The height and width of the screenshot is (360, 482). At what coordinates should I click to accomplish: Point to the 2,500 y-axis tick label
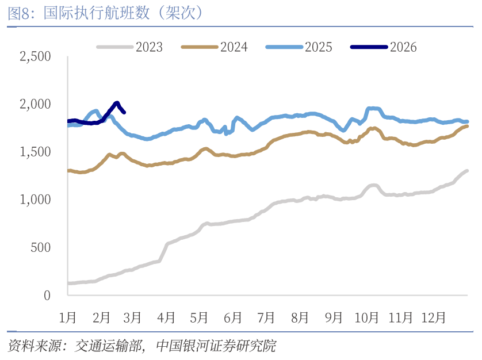[x=35, y=56]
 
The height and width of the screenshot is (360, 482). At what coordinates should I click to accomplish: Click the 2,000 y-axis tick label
[x=35, y=104]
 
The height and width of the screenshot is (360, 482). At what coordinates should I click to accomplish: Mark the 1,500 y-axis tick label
[x=35, y=152]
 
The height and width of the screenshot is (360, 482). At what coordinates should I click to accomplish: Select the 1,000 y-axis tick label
[x=35, y=200]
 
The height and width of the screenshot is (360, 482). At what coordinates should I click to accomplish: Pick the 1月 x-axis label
[x=68, y=317]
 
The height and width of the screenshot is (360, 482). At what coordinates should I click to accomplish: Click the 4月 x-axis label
[x=166, y=317]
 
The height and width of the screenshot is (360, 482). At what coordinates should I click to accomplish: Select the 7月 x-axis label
[x=266, y=317]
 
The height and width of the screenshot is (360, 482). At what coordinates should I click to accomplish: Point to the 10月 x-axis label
[x=366, y=317]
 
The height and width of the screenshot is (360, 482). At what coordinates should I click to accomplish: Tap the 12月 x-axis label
[x=433, y=317]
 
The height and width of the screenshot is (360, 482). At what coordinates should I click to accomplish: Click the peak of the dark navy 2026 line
[x=117, y=103]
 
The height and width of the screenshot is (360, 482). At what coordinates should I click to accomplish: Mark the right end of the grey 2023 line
[x=466, y=171]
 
